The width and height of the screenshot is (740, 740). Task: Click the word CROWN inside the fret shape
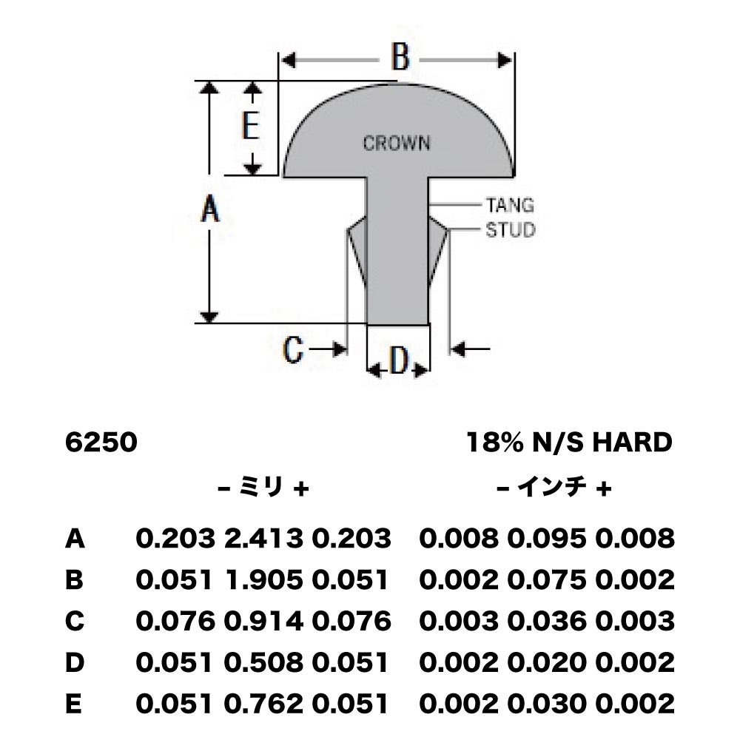tap(397, 143)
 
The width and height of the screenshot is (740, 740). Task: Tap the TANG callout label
tap(510, 205)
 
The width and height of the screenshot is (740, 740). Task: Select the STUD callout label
tap(511, 230)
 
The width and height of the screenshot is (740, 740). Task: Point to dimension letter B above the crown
tap(400, 58)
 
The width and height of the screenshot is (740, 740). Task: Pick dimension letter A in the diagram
tap(210, 209)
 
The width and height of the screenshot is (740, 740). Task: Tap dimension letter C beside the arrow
tap(292, 350)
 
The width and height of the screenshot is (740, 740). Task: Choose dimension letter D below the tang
tap(399, 361)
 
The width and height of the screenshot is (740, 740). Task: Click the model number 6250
tap(101, 443)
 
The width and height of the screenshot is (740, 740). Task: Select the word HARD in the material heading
tap(632, 443)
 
